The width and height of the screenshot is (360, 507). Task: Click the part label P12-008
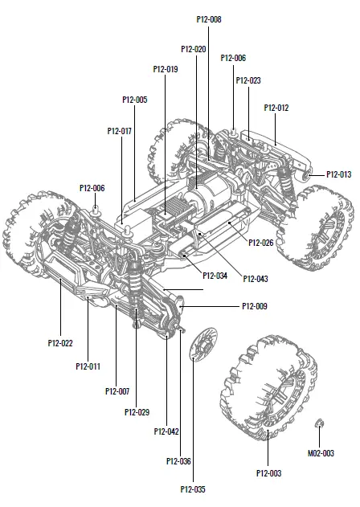[208, 18]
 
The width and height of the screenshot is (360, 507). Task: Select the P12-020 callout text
[194, 49]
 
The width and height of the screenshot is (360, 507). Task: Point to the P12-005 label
[134, 100]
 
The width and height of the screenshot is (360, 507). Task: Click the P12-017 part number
[119, 130]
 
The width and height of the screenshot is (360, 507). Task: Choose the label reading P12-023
[248, 80]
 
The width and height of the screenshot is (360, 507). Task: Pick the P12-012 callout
[276, 108]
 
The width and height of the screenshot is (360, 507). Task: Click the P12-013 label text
[338, 174]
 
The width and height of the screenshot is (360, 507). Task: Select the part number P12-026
[261, 242]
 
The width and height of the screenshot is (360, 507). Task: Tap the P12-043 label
[256, 278]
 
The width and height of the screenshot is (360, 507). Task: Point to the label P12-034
[215, 276]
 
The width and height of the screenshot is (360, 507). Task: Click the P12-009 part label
[254, 306]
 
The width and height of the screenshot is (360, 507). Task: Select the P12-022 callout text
[60, 343]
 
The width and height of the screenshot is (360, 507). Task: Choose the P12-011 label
[88, 366]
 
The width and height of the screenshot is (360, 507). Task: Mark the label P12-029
[137, 412]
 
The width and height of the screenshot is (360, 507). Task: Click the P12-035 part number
[193, 489]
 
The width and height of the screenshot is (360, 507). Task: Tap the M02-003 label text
[321, 453]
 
